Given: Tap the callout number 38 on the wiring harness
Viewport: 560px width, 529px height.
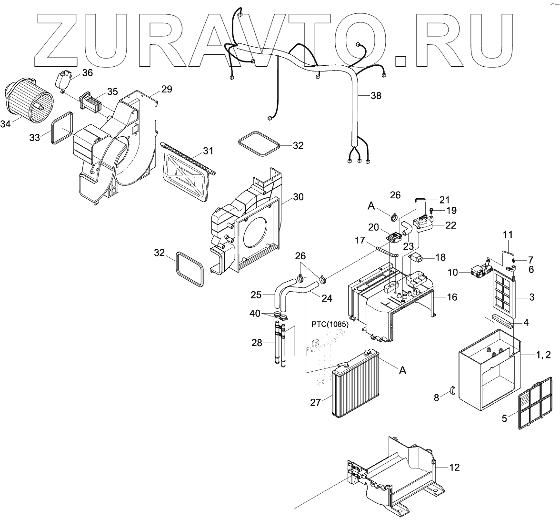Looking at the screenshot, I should tap(376, 95).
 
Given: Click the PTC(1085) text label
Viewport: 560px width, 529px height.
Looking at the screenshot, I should tap(330, 325).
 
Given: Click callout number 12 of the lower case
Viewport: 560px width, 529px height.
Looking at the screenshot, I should tap(454, 468).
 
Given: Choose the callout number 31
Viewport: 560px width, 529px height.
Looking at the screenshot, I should tap(208, 151).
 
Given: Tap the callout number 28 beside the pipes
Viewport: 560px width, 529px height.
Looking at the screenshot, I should tap(257, 343).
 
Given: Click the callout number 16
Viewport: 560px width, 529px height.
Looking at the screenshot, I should tap(451, 297).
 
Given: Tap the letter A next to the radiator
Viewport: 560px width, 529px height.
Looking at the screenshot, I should tap(402, 370).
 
